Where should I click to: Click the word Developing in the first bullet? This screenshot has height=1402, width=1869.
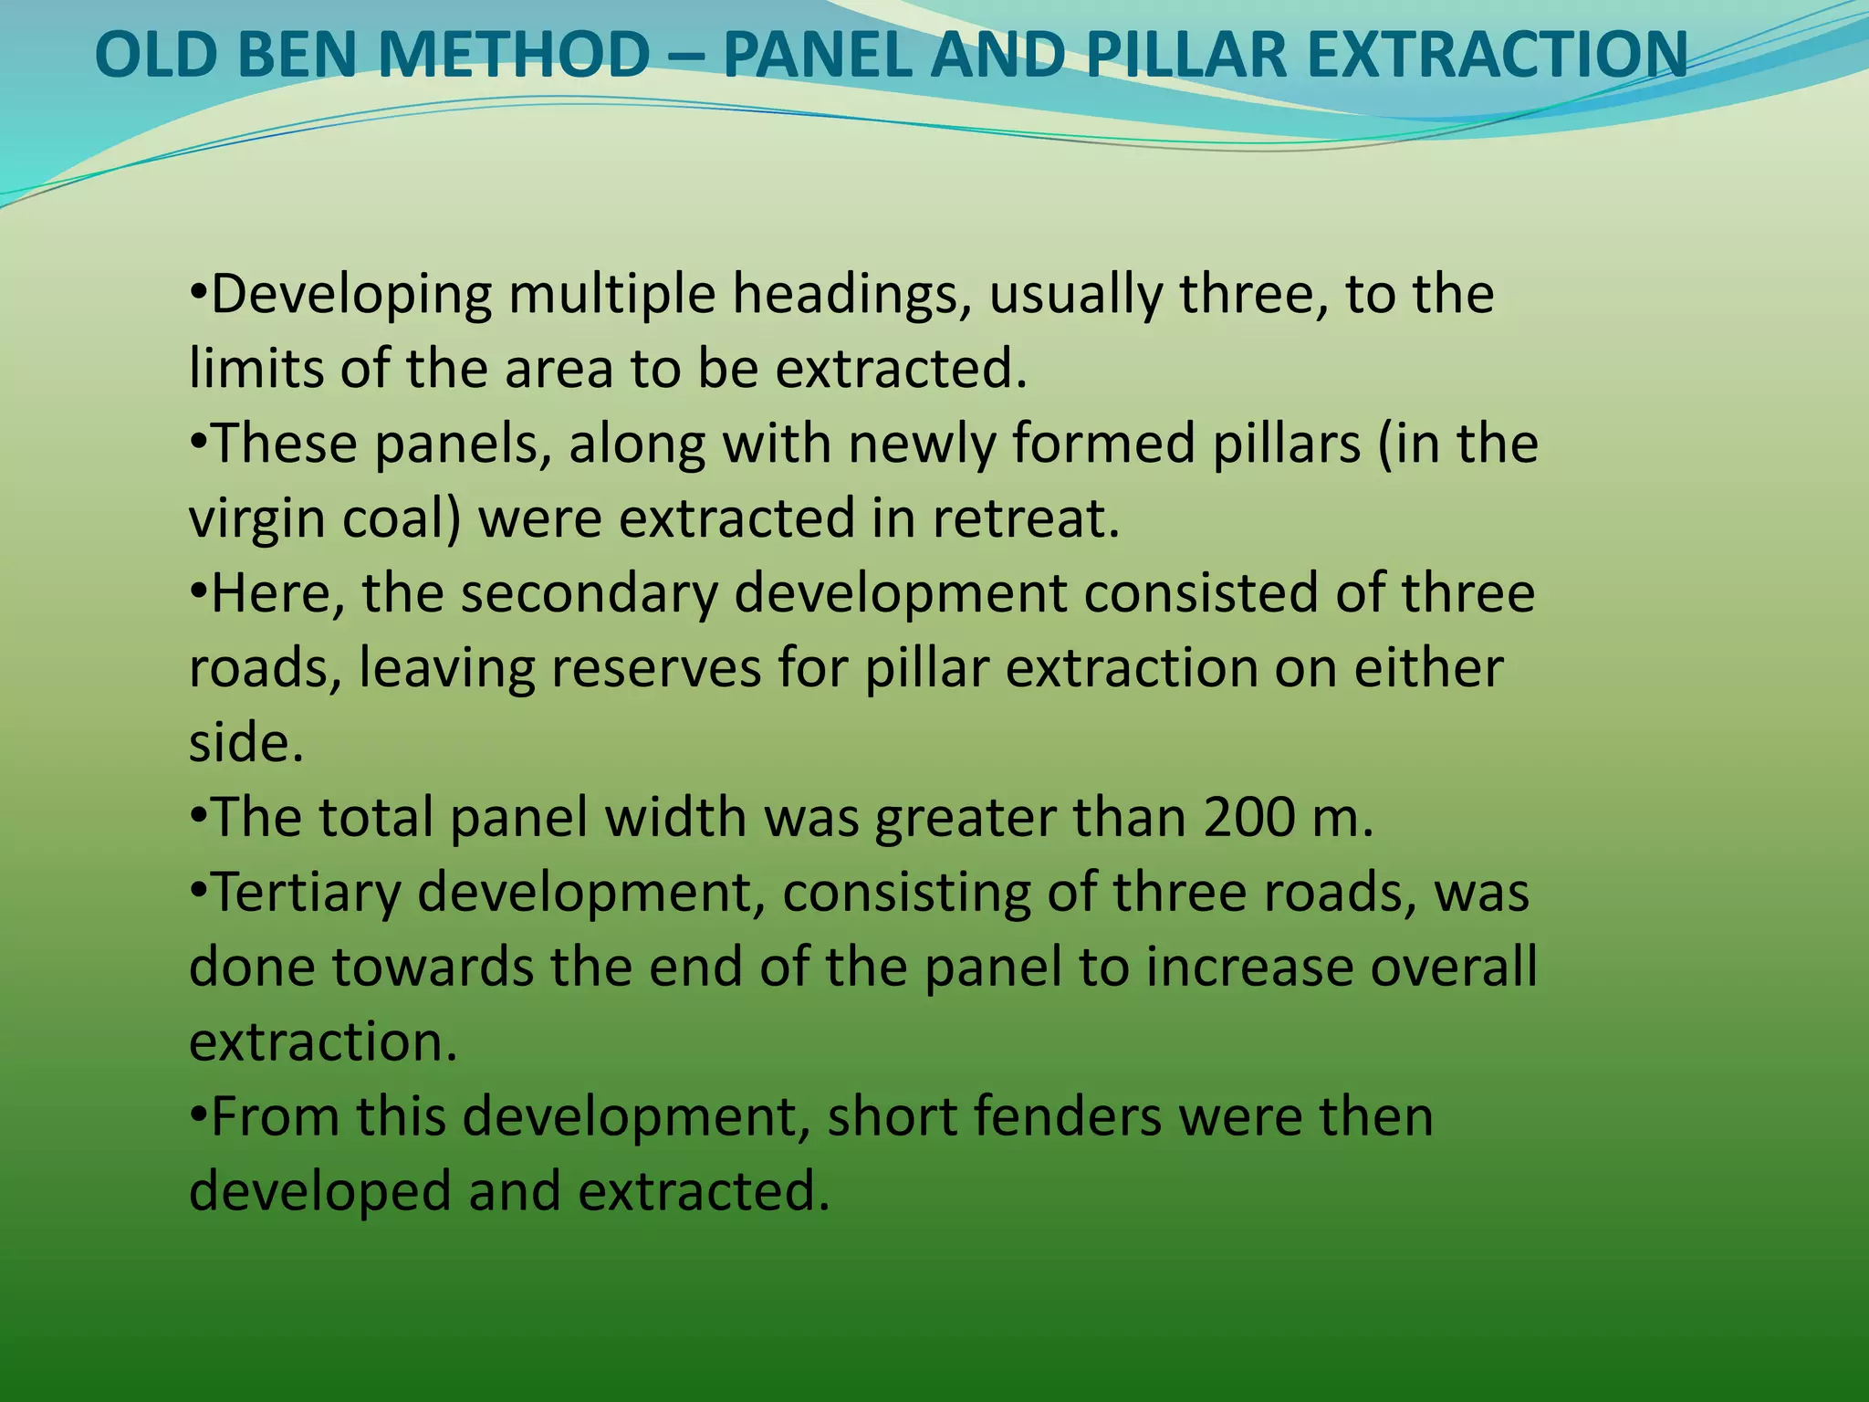pyautogui.click(x=350, y=296)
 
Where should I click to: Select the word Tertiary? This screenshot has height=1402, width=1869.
pyautogui.click(x=306, y=893)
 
